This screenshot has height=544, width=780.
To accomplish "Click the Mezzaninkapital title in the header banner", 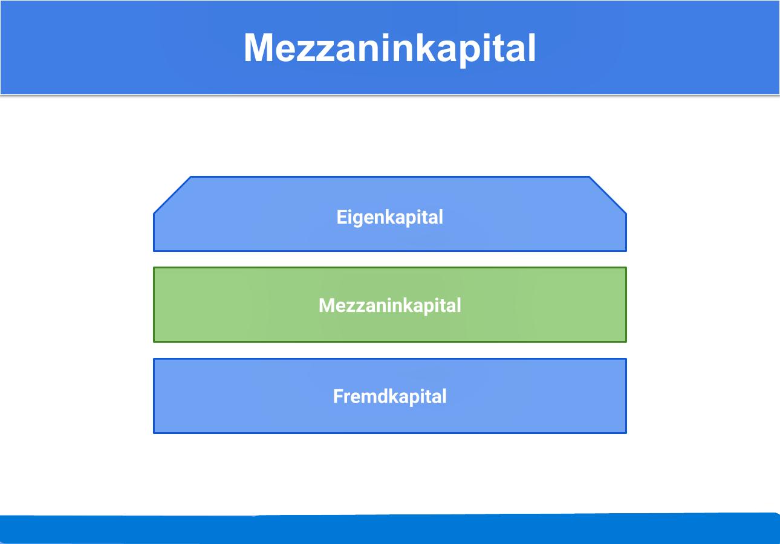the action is [389, 48].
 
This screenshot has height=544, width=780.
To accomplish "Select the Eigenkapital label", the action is [389, 218].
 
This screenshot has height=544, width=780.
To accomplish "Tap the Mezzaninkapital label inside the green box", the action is [389, 306].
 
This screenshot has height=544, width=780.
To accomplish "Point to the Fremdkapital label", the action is [389, 397].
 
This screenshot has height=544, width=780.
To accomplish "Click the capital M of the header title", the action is [260, 48].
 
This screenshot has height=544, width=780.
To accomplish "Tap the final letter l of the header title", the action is [531, 48].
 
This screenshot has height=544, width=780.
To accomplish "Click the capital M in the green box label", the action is [327, 305].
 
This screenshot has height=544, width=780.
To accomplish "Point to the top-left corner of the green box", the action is [154, 267].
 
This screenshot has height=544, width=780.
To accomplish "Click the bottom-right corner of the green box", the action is [626, 342].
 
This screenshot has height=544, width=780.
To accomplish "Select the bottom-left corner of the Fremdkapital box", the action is [154, 433].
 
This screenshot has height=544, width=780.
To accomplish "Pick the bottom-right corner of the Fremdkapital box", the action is [626, 433].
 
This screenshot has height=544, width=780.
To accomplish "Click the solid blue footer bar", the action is [390, 529].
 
